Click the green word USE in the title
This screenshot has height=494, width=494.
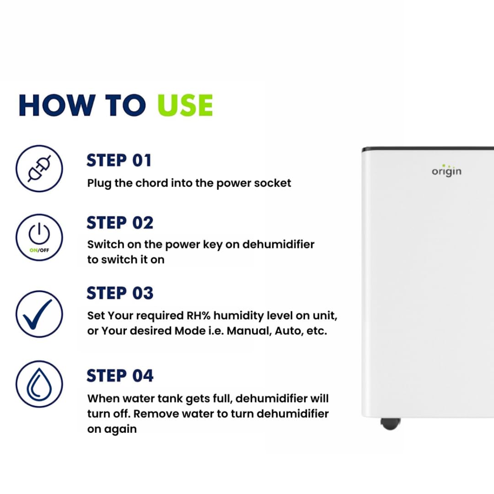[x=185, y=105]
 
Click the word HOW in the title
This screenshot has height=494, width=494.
[x=50, y=105]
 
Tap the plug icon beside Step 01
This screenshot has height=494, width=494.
[x=39, y=169]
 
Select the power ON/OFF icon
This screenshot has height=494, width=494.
[x=39, y=237]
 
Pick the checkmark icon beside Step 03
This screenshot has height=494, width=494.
[x=39, y=314]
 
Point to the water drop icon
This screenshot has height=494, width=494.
[x=39, y=383]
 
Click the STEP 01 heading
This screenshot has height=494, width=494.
[x=119, y=161]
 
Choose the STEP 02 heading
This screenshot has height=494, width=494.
[x=120, y=223]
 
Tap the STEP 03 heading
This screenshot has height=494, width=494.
[x=120, y=293]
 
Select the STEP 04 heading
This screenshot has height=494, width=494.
[x=120, y=376]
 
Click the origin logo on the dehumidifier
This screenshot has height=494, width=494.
[x=446, y=171]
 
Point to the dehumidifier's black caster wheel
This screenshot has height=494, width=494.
[x=390, y=424]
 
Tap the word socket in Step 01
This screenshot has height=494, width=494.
[x=273, y=183]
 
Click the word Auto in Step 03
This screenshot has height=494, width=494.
[x=287, y=331]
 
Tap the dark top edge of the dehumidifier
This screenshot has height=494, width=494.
[x=428, y=149]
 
